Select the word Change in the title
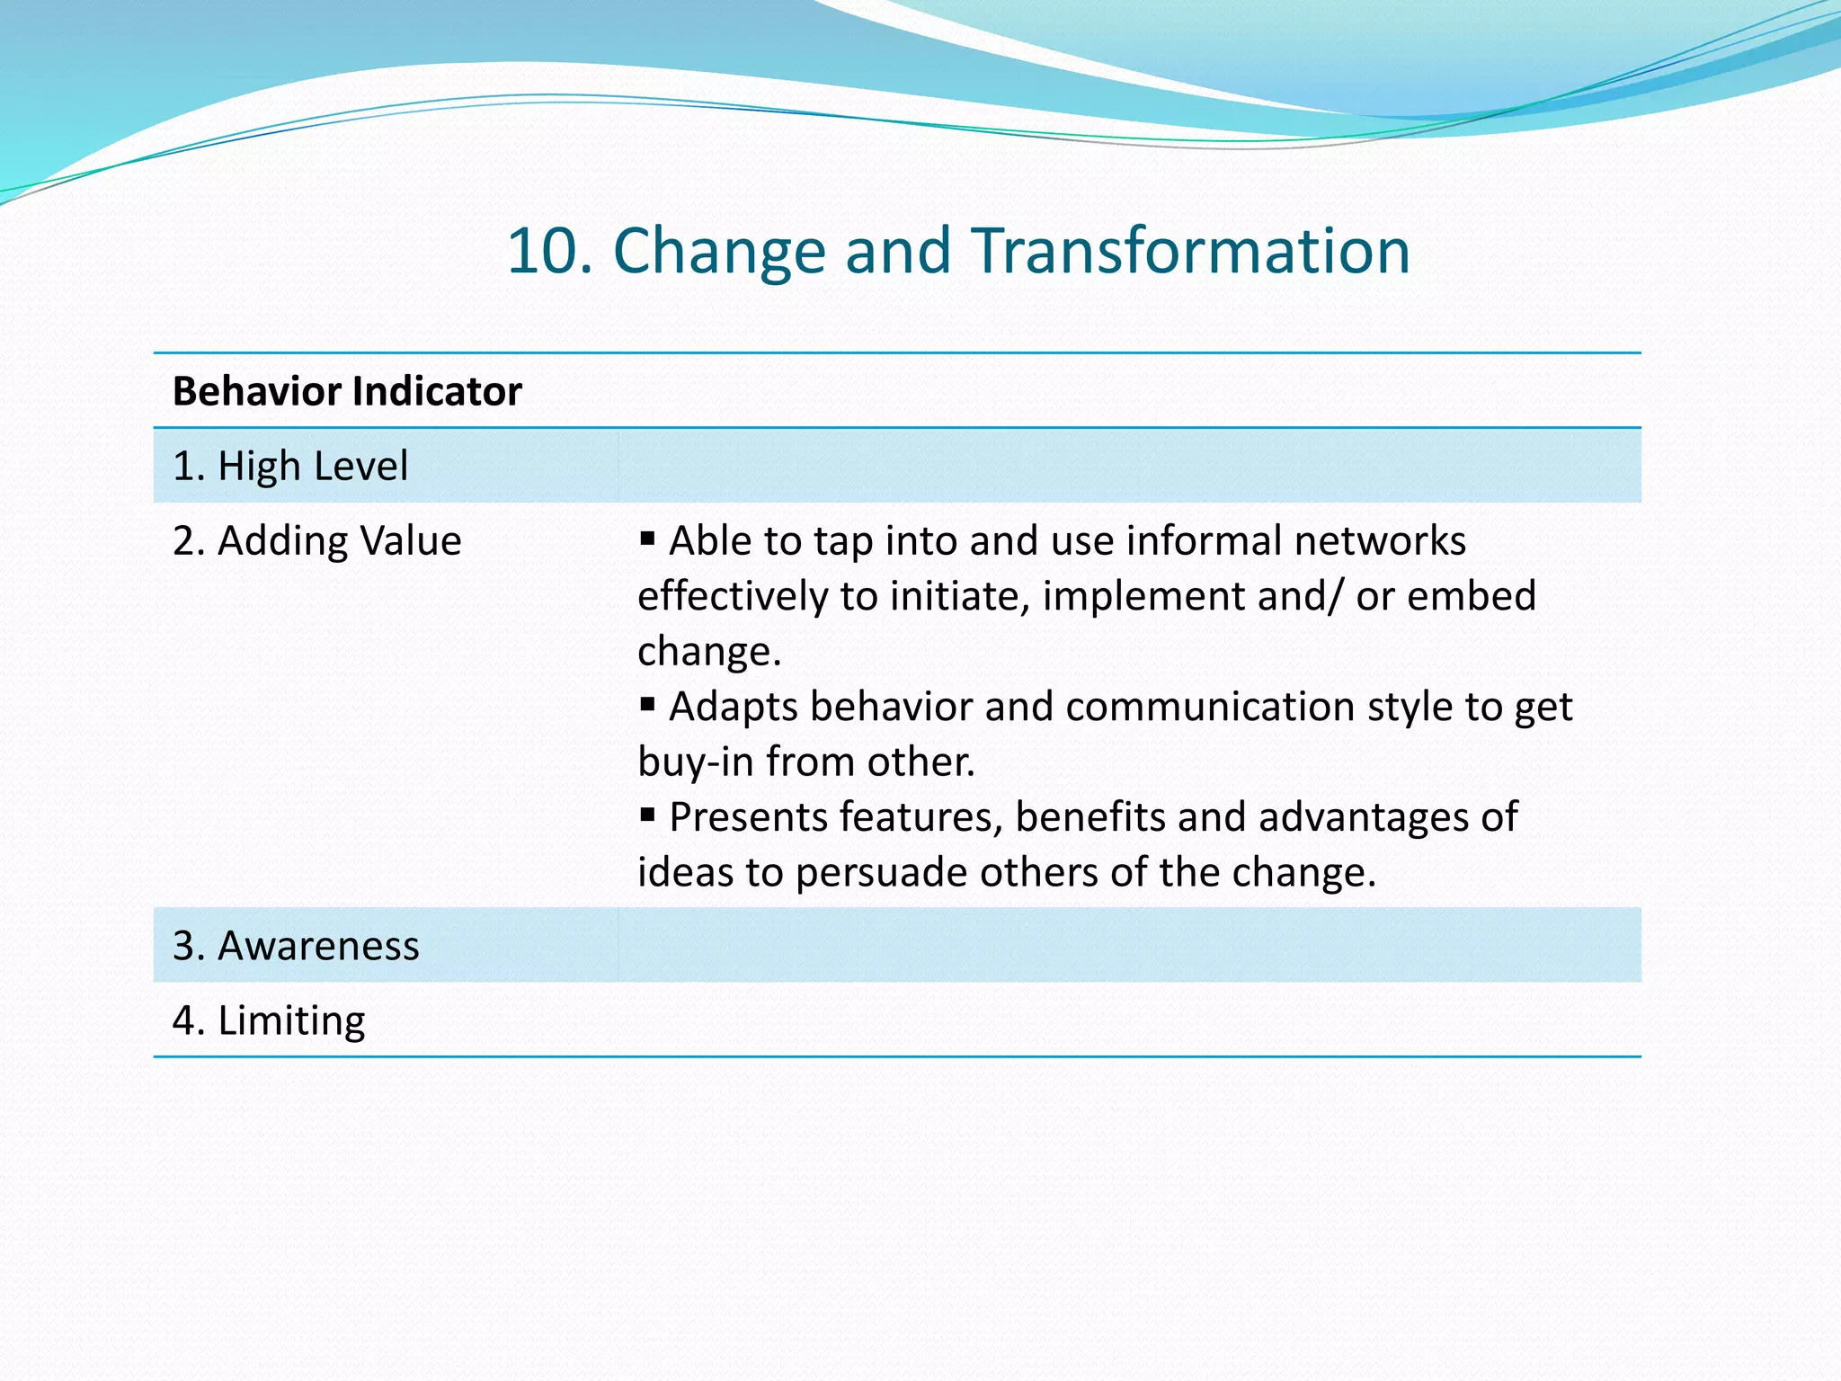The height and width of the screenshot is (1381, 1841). pos(718,251)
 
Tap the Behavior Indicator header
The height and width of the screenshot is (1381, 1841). pos(347,392)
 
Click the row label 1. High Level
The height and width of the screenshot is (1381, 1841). pos(290,467)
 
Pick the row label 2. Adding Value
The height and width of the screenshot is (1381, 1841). pos(316,541)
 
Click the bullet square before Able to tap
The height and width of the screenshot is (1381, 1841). pos(647,539)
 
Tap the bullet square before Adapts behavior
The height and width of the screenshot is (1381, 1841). pos(647,704)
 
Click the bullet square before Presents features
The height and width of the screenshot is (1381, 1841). pos(647,815)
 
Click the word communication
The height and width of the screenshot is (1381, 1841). pos(1210,707)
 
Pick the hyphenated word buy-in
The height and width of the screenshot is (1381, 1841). pos(695,762)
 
